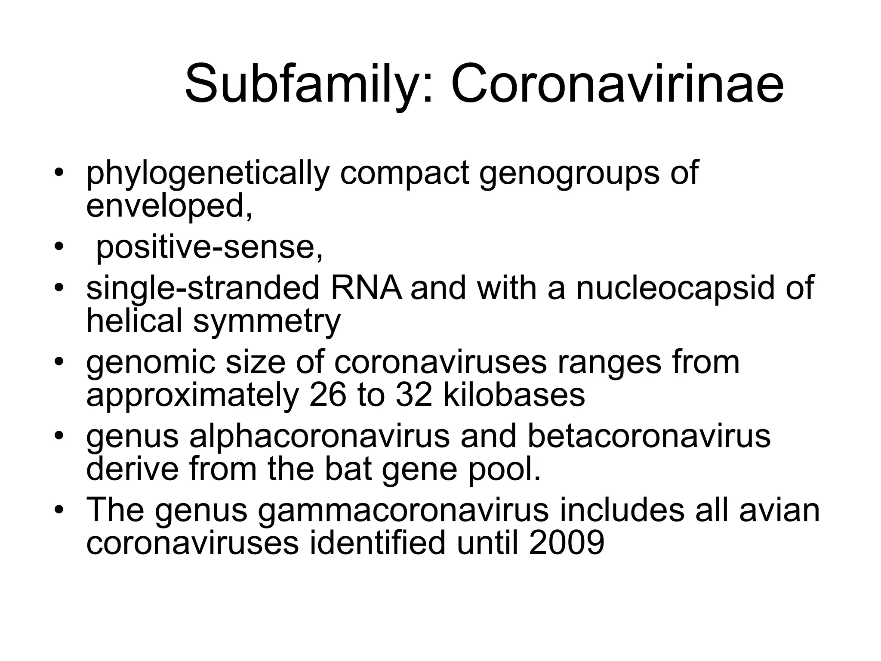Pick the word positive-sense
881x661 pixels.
[209, 247]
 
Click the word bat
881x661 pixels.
[348, 469]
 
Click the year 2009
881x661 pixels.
[567, 543]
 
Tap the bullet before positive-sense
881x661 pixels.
[59, 247]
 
